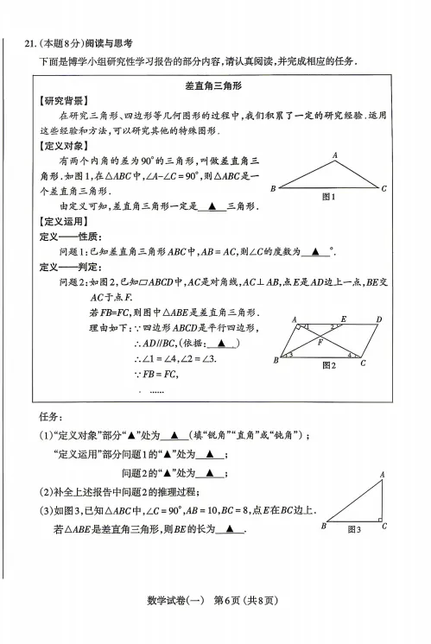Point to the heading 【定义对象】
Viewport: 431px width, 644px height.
tap(60, 146)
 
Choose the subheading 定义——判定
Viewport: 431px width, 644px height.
tap(70, 267)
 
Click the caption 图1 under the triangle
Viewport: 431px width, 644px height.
tap(327, 198)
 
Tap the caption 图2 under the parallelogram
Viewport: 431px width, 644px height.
tap(329, 365)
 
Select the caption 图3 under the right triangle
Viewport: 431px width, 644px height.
tap(354, 528)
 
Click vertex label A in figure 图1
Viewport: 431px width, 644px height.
tap(334, 155)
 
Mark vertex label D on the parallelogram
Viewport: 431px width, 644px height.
tap(379, 319)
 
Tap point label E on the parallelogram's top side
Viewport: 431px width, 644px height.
tap(344, 319)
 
